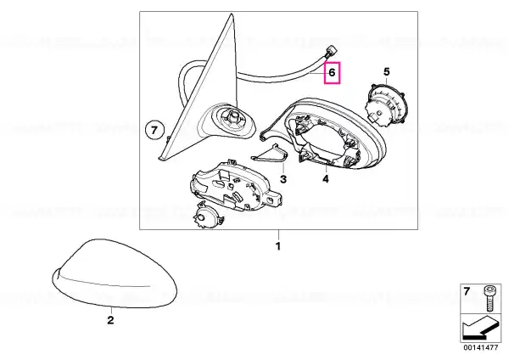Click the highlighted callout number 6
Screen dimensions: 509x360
(x=332, y=72)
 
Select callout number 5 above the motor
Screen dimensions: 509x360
(x=386, y=72)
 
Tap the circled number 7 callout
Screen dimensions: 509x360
(x=154, y=131)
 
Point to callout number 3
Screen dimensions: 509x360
(x=283, y=178)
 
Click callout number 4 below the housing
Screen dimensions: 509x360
(x=326, y=178)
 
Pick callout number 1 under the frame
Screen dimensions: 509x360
(x=278, y=246)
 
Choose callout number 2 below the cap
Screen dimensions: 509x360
(x=110, y=320)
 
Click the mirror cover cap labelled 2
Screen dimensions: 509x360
(x=115, y=273)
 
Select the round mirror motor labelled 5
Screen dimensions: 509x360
(x=386, y=104)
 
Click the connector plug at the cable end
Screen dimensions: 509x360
(x=332, y=53)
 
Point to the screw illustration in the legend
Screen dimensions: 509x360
(x=488, y=299)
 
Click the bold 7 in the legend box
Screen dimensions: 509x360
(x=467, y=291)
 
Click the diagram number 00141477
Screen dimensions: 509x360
(x=481, y=347)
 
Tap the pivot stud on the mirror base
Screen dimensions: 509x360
(x=232, y=116)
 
